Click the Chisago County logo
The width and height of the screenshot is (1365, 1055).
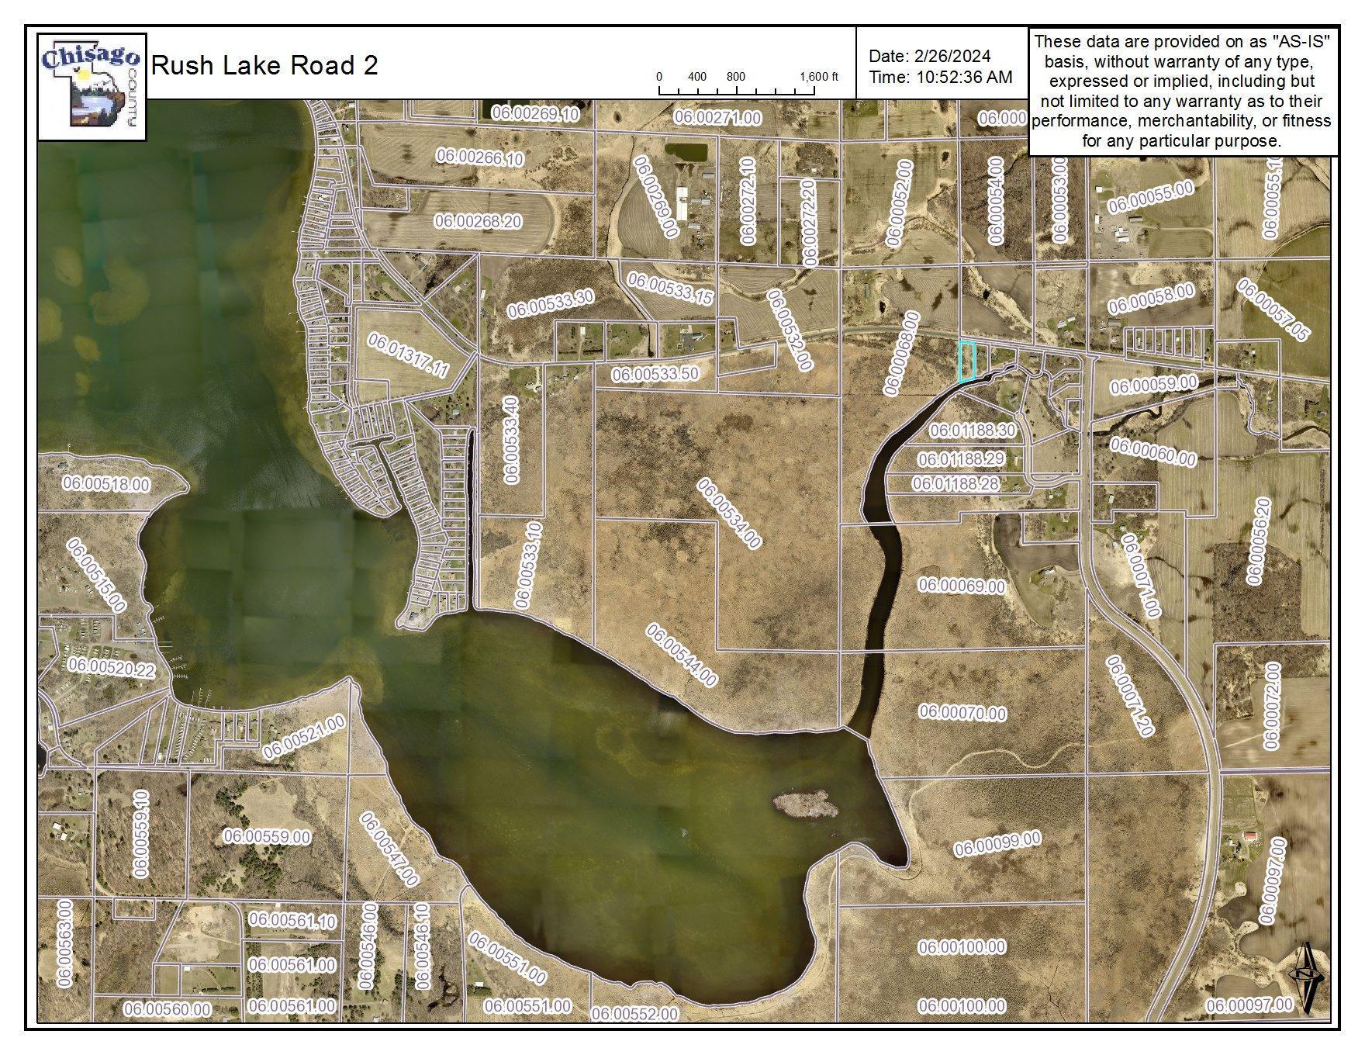[92, 86]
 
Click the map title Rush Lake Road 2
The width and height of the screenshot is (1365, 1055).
[264, 65]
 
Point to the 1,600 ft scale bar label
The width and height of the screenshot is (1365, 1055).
[819, 77]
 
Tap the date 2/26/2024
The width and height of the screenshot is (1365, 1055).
[952, 56]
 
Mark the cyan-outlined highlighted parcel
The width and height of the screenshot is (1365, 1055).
[966, 361]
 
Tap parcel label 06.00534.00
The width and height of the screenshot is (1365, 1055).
[728, 514]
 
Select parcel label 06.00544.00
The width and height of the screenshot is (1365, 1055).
[682, 655]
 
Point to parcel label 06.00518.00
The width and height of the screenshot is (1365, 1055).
[106, 484]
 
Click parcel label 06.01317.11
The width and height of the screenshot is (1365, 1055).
[407, 355]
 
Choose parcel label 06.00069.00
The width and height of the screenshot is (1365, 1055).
[962, 585]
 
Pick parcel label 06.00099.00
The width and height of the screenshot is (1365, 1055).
[997, 844]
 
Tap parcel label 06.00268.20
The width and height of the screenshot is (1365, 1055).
[479, 221]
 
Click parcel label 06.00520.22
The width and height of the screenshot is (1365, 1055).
[111, 667]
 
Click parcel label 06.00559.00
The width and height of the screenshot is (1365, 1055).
[267, 837]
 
